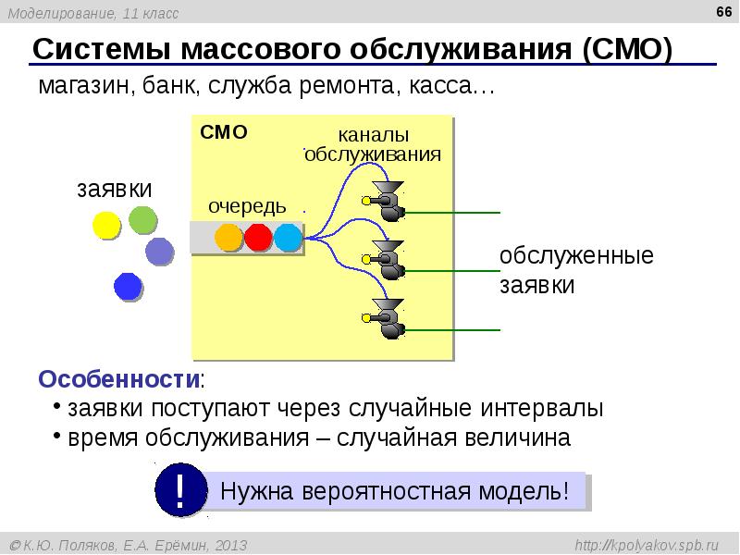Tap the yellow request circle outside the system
click(105, 225)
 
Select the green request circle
click(143, 219)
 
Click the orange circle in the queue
click(228, 238)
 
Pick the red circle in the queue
click(258, 238)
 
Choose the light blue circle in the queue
click(288, 238)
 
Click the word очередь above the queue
click(247, 205)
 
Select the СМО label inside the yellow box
click(224, 132)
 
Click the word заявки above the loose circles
click(114, 189)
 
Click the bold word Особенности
click(119, 380)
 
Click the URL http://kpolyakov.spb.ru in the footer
click(653, 546)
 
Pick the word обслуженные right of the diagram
click(576, 256)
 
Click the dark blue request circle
click(128, 287)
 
